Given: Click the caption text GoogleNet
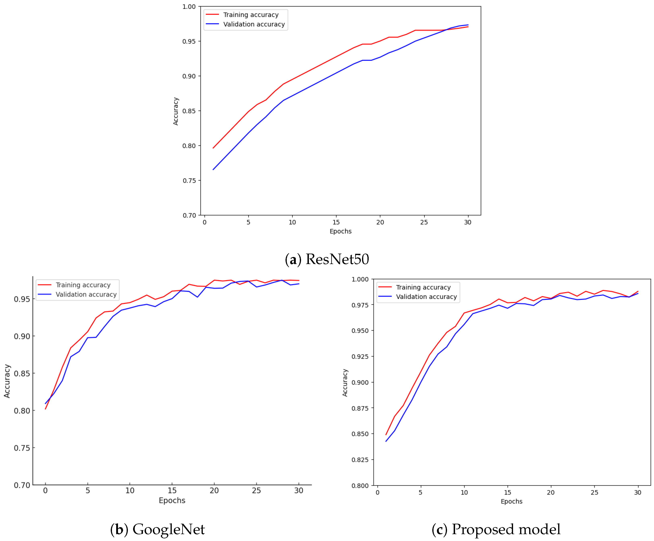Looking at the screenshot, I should pos(169,529).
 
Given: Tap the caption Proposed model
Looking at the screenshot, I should pos(506,529).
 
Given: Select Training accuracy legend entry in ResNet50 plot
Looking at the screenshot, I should pos(251,15).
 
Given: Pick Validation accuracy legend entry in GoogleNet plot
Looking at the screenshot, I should pos(86,294).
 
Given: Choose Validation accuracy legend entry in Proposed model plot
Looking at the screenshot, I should pos(426,297).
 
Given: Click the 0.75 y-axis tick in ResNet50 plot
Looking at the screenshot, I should pos(189,181).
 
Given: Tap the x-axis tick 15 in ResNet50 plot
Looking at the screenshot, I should pos(336,222).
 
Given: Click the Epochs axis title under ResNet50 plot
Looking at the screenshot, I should pos(340,231).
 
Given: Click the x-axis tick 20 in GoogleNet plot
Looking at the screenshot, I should pos(214,490).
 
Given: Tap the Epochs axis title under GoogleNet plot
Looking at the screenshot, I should pos(172,501).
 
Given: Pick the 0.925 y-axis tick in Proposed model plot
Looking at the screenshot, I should pos(360,356).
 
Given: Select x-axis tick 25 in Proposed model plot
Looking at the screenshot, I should pos(594,492).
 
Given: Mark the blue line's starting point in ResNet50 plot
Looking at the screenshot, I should pos(213,170).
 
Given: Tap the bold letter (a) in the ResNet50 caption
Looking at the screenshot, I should pos(293,259).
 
